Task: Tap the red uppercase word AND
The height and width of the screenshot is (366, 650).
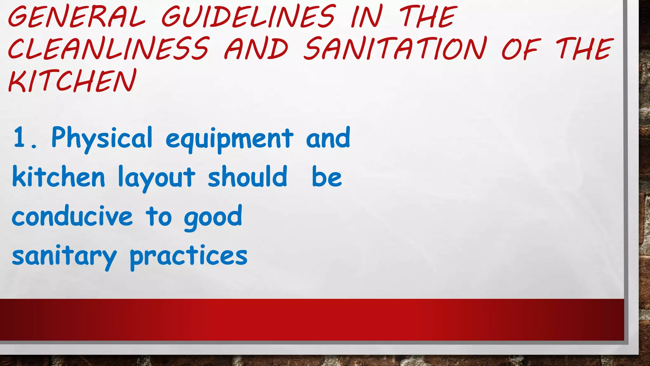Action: tap(256, 48)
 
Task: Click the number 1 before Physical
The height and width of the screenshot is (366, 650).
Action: tap(20, 137)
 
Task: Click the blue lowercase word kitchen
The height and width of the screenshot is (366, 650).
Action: tap(58, 177)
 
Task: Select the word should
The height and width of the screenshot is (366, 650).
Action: tap(248, 177)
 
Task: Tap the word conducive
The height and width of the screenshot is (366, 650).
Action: tap(72, 216)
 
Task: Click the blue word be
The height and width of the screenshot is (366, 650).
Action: tap(327, 177)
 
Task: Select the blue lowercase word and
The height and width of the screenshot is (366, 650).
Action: tap(328, 138)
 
